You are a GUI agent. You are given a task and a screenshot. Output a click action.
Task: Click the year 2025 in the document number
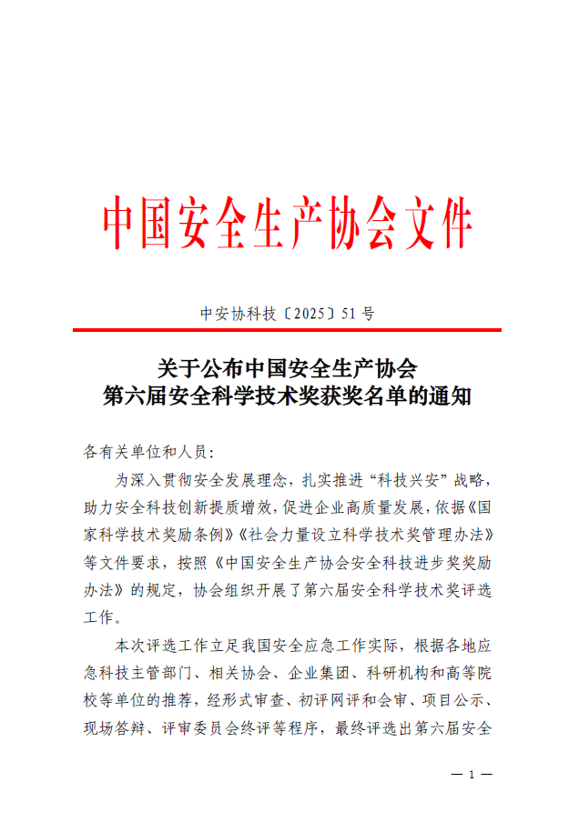[310, 315]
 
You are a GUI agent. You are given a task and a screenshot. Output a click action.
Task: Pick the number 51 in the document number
[349, 315]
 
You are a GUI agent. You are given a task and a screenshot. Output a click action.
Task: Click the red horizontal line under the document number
[289, 330]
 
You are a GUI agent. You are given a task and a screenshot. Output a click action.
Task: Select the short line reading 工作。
[103, 617]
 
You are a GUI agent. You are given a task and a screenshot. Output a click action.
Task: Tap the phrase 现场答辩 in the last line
[116, 728]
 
